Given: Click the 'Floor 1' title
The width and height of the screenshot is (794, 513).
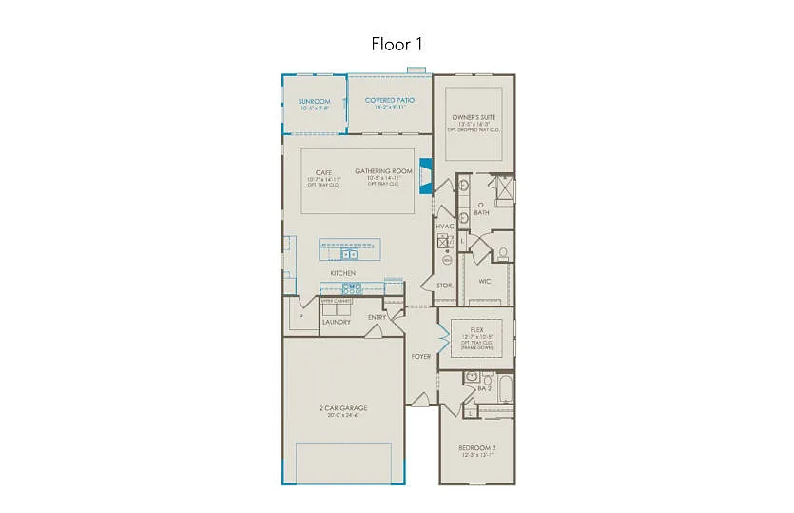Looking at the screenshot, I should pos(397,44).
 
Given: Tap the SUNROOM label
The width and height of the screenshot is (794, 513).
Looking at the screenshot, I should pos(314,101).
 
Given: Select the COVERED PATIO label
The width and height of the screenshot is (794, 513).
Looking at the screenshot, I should pos(390,100).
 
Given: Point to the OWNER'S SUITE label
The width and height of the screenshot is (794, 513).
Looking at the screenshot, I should pos(473,117).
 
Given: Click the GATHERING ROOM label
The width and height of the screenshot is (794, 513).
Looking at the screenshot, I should pos(378,171).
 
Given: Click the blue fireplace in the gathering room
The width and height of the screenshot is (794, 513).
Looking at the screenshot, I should pos(426,176).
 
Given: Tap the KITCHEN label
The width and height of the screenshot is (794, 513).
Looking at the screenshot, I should pos(342,273).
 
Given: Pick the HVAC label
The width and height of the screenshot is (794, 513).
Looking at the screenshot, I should pos(445,226).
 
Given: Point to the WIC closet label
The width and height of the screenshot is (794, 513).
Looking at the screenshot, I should pos(484,281).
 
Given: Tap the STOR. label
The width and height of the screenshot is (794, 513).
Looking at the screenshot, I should pos(443,285).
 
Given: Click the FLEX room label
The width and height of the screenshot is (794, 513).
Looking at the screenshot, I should pos(476,329).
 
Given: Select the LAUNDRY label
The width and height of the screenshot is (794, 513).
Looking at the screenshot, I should pos(336,322).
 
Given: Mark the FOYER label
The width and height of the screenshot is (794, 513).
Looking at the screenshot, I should pos(420,356).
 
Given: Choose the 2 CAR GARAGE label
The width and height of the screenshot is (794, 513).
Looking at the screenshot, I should pos(342,408).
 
